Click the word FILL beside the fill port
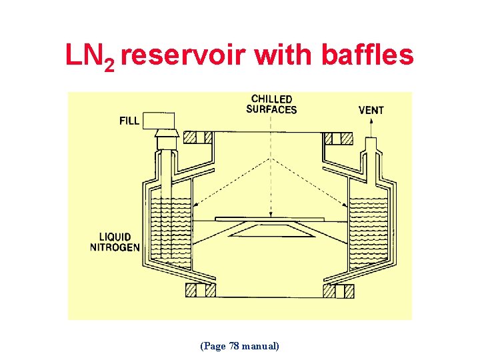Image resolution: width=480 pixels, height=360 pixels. click(x=129, y=121)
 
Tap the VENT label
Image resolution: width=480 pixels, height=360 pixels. click(x=371, y=110)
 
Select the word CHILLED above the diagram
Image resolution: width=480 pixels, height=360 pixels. click(x=271, y=99)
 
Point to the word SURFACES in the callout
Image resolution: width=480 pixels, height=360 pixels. click(x=271, y=109)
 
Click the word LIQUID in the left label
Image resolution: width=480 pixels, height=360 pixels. click(x=115, y=237)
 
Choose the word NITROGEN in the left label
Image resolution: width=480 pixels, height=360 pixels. click(x=115, y=247)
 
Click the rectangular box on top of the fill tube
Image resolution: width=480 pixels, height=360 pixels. click(x=159, y=121)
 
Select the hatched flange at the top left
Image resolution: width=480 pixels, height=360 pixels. click(x=198, y=138)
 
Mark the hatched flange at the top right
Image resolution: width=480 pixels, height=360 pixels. click(x=338, y=139)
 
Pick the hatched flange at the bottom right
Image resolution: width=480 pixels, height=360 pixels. click(x=338, y=291)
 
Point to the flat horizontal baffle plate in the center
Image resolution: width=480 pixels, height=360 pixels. click(x=271, y=219)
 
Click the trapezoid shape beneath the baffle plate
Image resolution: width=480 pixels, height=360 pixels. click(x=271, y=231)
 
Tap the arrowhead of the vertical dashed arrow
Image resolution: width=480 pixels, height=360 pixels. click(x=271, y=214)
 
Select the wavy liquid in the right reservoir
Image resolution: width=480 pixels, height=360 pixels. click(x=369, y=227)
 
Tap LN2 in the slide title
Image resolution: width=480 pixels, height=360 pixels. click(x=90, y=56)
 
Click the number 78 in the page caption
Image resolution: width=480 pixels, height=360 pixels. click(x=233, y=346)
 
